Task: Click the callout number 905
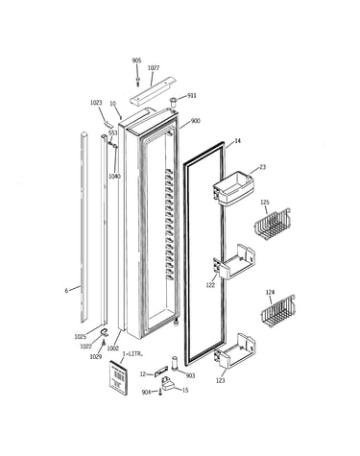pos(136,60)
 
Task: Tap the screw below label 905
pos(137,81)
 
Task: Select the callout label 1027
pos(154,68)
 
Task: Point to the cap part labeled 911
pos(173,102)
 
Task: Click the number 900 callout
pos(195,121)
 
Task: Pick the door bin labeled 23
pos(233,187)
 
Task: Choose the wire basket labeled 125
pos(273,224)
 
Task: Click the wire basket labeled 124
pos(277,312)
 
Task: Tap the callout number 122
pos(210,285)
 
